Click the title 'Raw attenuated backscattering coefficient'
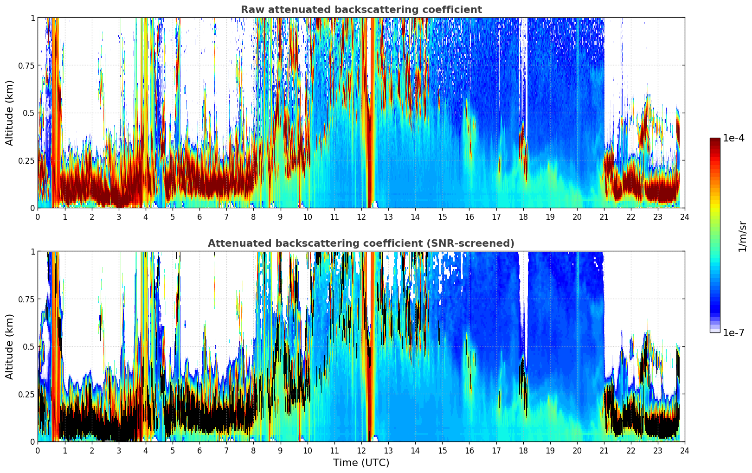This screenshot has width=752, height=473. tap(361, 10)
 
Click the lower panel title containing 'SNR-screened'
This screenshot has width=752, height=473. tap(361, 243)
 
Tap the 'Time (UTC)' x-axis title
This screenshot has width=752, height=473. tap(361, 463)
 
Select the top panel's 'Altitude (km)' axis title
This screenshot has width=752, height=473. tap(10, 113)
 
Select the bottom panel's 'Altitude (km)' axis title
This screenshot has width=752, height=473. tap(10, 346)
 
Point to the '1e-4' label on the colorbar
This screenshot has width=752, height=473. tap(733, 138)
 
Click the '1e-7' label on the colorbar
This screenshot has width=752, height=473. tap(733, 332)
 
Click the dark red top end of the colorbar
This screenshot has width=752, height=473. tap(715, 140)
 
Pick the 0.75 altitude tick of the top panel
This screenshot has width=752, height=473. tap(26, 65)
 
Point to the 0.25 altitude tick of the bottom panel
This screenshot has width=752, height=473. tap(26, 394)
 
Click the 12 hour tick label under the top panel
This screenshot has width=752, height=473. tap(361, 217)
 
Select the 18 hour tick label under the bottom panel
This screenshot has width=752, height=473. tap(523, 451)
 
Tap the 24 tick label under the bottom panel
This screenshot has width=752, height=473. tap(685, 451)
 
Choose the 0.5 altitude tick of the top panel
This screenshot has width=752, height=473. tap(29, 113)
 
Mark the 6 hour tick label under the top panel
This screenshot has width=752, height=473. tap(199, 217)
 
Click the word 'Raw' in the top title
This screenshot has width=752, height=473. tap(251, 10)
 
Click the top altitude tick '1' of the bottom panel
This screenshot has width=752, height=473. tap(32, 252)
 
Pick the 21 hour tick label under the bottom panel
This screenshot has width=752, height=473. tap(604, 451)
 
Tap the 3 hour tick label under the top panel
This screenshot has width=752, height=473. tap(119, 217)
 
